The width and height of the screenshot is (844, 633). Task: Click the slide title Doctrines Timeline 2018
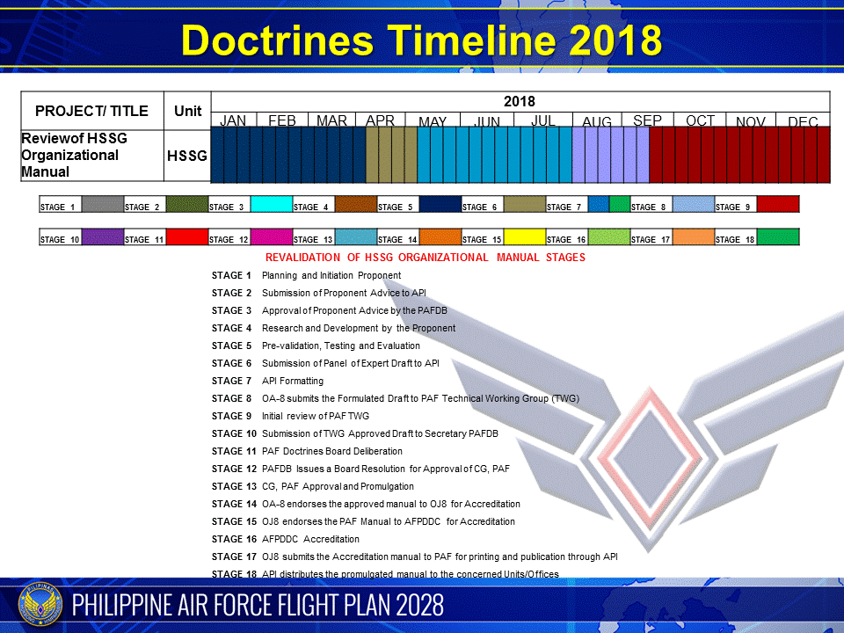(421, 40)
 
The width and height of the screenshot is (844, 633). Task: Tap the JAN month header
(233, 120)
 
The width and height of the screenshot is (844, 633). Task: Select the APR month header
(380, 120)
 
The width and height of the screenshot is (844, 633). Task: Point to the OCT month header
(700, 120)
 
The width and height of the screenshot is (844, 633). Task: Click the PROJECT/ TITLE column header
(92, 112)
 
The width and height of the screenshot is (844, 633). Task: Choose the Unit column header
(187, 112)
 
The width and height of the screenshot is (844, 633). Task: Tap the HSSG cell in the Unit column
(187, 156)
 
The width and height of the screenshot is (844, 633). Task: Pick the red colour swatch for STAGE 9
(777, 204)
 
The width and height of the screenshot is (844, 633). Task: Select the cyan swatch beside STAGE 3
(271, 204)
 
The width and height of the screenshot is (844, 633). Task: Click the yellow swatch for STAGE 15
(524, 236)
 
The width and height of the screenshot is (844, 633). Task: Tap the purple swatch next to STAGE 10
(102, 236)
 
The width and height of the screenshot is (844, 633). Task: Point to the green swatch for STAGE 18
(777, 236)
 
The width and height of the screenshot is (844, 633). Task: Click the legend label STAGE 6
(481, 207)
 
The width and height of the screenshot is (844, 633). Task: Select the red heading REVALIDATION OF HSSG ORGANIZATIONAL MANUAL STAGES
(425, 258)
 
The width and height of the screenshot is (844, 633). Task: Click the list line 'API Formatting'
(293, 381)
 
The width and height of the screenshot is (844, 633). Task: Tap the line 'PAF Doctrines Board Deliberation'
(332, 451)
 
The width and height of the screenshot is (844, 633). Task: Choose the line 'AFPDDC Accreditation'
(310, 539)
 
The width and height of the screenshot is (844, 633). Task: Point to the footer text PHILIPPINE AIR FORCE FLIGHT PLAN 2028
(258, 605)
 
